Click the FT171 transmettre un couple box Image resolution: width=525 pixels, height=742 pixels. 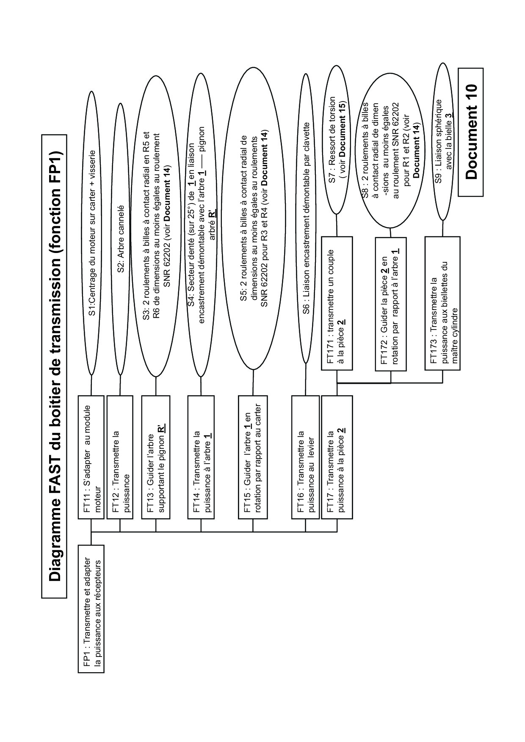pos(337,303)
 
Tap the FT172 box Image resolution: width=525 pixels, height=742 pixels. pos(390,304)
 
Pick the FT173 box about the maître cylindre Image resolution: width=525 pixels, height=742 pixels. pos(442,303)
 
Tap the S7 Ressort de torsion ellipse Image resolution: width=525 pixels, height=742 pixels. pos(337,140)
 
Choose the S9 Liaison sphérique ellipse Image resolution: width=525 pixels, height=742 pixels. pos(443,141)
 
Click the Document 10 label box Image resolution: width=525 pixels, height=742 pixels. pos(470,132)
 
